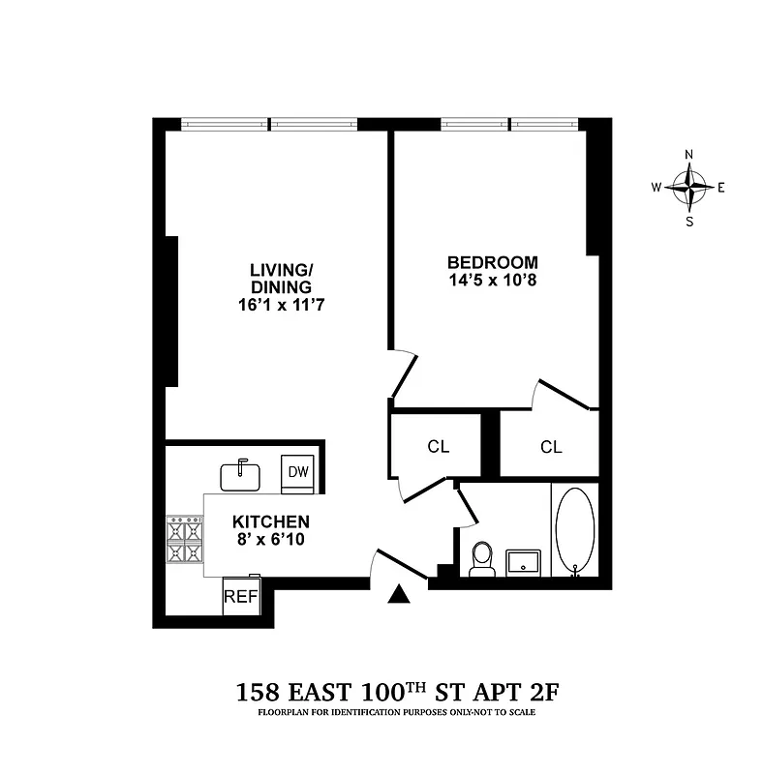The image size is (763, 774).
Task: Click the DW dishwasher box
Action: coord(297,472)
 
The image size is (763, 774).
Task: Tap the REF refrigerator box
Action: coord(241,597)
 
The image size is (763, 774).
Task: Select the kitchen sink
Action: coord(240,475)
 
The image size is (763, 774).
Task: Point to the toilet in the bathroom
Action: coord(481,560)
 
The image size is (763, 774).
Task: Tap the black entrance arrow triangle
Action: coord(399,595)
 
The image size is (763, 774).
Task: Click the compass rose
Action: coord(689,187)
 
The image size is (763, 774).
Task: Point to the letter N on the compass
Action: coord(689,155)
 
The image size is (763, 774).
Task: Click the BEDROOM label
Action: coord(492,262)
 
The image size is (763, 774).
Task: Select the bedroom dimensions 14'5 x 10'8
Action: coord(492,281)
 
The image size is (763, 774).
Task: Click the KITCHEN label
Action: coord(270,521)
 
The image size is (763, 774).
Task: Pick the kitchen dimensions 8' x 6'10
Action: coord(270,540)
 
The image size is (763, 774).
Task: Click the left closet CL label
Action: coord(439,447)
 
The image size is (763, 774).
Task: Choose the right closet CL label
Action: coord(551,447)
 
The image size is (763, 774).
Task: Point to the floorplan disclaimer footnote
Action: coord(396,713)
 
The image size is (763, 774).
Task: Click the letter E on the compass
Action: coord(721,187)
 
